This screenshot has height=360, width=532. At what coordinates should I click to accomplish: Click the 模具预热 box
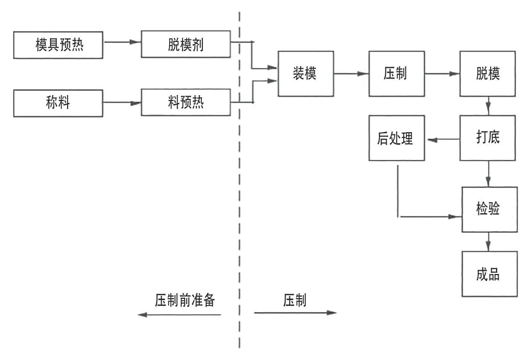(x=59, y=45)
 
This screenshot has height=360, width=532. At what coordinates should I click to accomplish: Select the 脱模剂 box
(x=186, y=45)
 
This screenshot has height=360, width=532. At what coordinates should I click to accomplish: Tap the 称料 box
(x=59, y=103)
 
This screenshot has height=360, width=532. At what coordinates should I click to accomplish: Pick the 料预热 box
(x=186, y=103)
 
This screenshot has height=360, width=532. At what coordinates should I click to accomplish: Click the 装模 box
(x=305, y=74)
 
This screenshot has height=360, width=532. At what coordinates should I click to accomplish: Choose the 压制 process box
(x=396, y=74)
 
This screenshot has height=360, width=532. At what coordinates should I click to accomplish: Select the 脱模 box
(x=488, y=74)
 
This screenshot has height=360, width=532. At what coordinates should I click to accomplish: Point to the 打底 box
(x=488, y=138)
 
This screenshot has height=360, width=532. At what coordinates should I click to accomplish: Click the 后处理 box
(x=396, y=138)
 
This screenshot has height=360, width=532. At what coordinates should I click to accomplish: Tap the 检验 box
(x=488, y=209)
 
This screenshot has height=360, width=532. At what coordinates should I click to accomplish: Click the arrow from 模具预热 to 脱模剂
(x=122, y=42)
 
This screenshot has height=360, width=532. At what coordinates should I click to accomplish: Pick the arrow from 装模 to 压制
(x=351, y=74)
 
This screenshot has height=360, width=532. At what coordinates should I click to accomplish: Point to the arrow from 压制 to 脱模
(x=442, y=74)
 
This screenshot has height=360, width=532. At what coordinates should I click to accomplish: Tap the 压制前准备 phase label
(x=185, y=300)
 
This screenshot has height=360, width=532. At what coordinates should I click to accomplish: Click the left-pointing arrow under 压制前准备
(x=179, y=314)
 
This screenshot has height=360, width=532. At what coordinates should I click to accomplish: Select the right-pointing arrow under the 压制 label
(x=295, y=313)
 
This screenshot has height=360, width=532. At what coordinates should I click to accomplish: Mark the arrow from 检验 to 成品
(x=488, y=241)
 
